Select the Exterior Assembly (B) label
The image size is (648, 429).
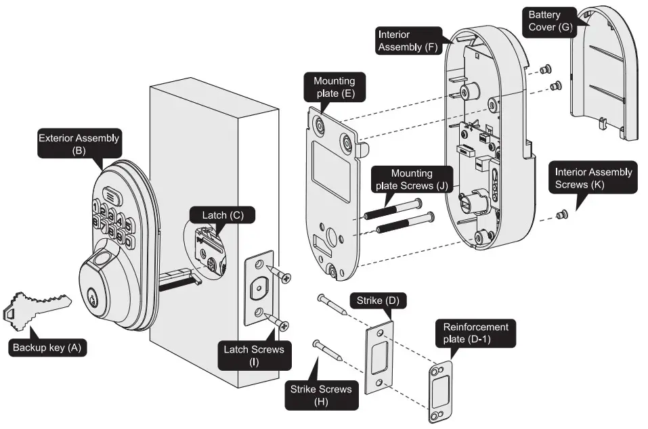click(79, 145)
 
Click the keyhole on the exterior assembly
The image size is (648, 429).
click(91, 296)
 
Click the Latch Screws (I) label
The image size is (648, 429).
click(254, 356)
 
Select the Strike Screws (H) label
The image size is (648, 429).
click(321, 395)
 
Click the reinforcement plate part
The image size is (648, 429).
click(439, 392)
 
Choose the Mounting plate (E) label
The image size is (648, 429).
click(334, 87)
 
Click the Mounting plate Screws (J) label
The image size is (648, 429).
click(411, 180)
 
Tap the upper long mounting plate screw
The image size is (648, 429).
click(393, 208)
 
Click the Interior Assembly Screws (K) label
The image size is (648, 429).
click(593, 178)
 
